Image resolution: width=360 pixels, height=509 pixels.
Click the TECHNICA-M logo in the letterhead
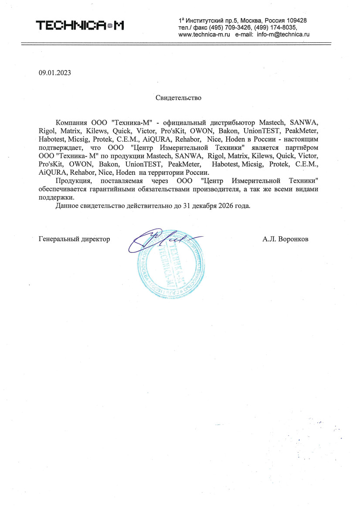pyautogui.click(x=80, y=26)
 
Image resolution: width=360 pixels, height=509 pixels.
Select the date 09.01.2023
pyautogui.click(x=54, y=73)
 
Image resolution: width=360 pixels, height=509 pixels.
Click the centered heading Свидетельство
pyautogui.click(x=179, y=98)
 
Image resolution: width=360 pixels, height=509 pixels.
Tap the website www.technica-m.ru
pyautogui.click(x=204, y=34)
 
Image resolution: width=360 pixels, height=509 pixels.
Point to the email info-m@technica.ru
pyautogui.click(x=283, y=34)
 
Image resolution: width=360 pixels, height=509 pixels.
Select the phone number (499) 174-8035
pyautogui.click(x=277, y=27)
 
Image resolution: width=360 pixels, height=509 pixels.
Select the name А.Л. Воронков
pyautogui.click(x=285, y=239)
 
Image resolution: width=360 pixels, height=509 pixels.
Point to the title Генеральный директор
pyautogui.click(x=74, y=239)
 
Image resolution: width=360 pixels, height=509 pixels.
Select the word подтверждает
pyautogui.click(x=60, y=148)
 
